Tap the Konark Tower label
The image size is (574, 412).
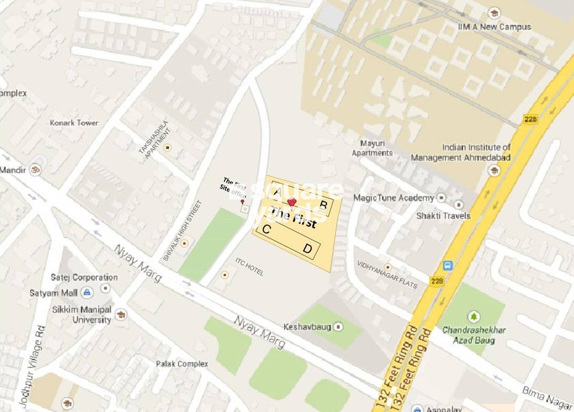(74, 123)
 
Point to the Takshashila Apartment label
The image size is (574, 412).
(154, 139)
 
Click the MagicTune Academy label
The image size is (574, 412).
(394, 198)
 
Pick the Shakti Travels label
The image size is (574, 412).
(443, 215)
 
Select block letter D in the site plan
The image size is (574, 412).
(307, 249)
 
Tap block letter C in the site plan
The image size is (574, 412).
(266, 229)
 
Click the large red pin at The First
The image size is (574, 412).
(291, 202)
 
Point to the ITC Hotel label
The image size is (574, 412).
(249, 267)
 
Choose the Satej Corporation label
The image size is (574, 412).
(84, 277)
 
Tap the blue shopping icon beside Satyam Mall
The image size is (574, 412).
(87, 292)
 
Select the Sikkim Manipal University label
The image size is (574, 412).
(82, 315)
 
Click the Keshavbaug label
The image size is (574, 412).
(307, 327)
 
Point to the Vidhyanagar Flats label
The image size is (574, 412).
(387, 275)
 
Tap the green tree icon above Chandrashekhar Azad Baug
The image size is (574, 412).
(474, 317)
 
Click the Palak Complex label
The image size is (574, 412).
(182, 364)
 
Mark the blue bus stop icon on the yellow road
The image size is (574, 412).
(448, 266)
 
